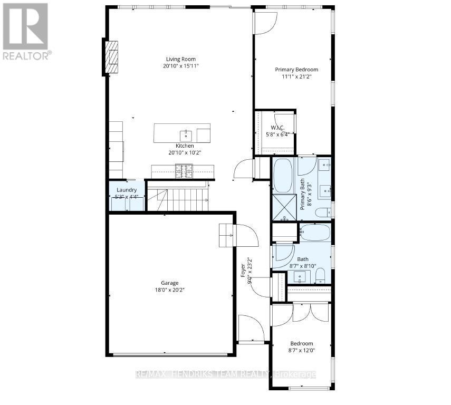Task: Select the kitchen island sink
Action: [185, 134]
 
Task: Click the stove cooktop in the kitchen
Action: [184, 171]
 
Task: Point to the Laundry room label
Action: [127, 190]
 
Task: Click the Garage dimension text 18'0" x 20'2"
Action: [170, 290]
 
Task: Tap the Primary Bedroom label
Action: [296, 69]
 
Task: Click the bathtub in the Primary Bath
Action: [283, 176]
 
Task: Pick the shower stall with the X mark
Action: [284, 207]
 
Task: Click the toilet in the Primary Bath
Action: [323, 212]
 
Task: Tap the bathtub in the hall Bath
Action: [314, 232]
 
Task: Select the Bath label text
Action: [303, 259]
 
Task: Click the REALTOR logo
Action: [25, 31]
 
